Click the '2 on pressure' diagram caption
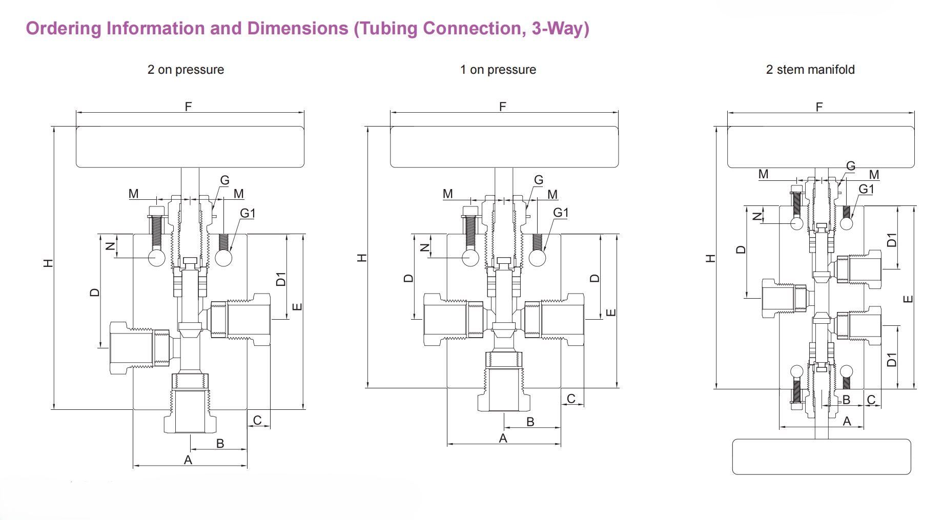pos(186,70)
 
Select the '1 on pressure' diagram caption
pos(498,70)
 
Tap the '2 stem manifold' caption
pos(810,70)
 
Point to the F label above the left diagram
pos(188,107)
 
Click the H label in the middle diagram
pos(362,257)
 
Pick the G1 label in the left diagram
pos(248,213)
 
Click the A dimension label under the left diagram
pos(188,460)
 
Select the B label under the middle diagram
pos(530,422)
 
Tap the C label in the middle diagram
pos(571,399)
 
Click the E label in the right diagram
pos(908,299)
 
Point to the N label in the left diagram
pos(110,246)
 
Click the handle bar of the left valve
pos(190,147)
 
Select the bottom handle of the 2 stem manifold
pos(821,456)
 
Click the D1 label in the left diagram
pos(280,279)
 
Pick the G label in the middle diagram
pos(538,180)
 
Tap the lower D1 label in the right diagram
pos(892,360)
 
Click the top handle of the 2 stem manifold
pos(821,147)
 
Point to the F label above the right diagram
pos(819,107)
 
